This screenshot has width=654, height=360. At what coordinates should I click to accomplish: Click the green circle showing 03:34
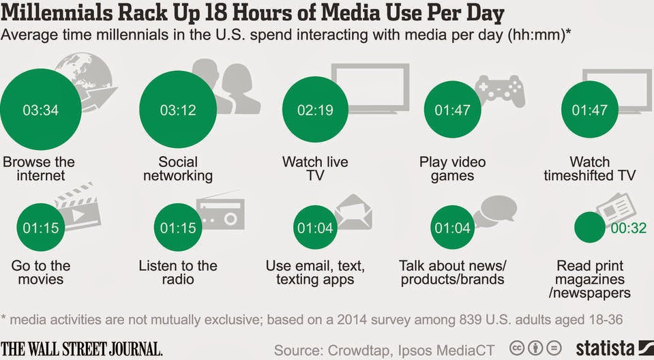(41, 109)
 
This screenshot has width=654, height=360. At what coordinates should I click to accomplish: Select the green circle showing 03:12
(178, 109)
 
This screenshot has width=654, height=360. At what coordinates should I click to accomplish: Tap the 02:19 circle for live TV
(315, 110)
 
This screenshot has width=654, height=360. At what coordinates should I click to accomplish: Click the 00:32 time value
(629, 228)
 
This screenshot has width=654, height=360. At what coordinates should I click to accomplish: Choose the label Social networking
(178, 168)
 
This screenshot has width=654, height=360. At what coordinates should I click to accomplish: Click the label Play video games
(453, 168)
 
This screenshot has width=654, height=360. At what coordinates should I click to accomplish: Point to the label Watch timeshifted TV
(590, 168)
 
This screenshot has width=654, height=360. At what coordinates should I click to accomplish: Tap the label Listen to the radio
(178, 272)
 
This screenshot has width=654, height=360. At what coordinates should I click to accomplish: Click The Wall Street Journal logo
(81, 348)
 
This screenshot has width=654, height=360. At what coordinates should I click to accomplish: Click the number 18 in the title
(218, 13)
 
